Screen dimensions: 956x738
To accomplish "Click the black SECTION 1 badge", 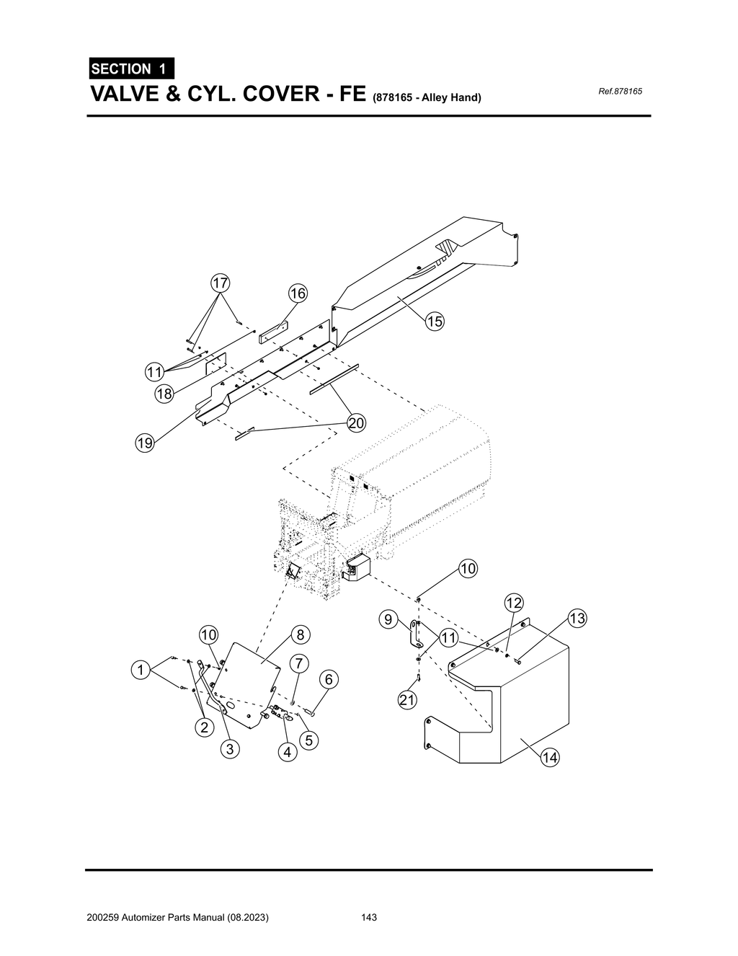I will [x=130, y=68].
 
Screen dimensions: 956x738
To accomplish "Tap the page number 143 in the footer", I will [x=370, y=918].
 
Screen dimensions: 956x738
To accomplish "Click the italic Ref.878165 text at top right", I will [x=621, y=92].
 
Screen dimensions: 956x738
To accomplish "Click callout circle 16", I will [x=298, y=293].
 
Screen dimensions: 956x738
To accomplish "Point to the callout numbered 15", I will [x=435, y=322].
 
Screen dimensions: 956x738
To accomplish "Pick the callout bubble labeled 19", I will [x=146, y=443].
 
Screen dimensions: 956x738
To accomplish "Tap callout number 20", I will [x=356, y=423].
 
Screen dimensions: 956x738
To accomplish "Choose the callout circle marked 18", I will [x=164, y=394].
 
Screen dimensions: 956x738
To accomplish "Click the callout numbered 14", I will [x=550, y=758].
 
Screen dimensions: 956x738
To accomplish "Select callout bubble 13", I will [x=577, y=619].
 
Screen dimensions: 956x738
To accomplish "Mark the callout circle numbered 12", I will [x=513, y=603].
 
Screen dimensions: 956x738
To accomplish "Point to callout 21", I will [x=408, y=699].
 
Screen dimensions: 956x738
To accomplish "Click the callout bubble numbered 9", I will [x=388, y=619].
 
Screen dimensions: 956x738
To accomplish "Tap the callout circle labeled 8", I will [x=301, y=634].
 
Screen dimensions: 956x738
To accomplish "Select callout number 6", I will [x=328, y=679].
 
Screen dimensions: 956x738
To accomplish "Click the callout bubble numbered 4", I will [x=288, y=753].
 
